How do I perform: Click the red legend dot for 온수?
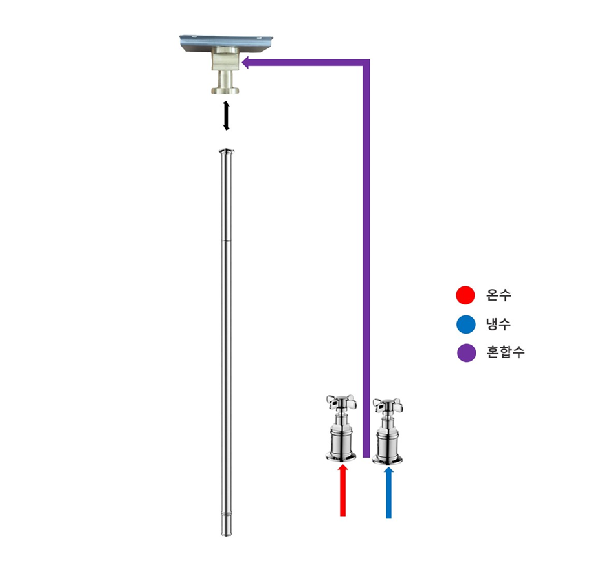point(465,295)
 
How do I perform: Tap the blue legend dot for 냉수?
point(465,325)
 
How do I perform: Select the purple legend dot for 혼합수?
point(466,353)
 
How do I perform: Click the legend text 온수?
point(498,295)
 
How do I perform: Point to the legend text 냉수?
point(498,324)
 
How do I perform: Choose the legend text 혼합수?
point(505,352)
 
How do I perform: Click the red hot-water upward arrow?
point(342,490)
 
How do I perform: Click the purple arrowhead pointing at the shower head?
point(247,63)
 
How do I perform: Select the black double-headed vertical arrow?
point(226,116)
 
